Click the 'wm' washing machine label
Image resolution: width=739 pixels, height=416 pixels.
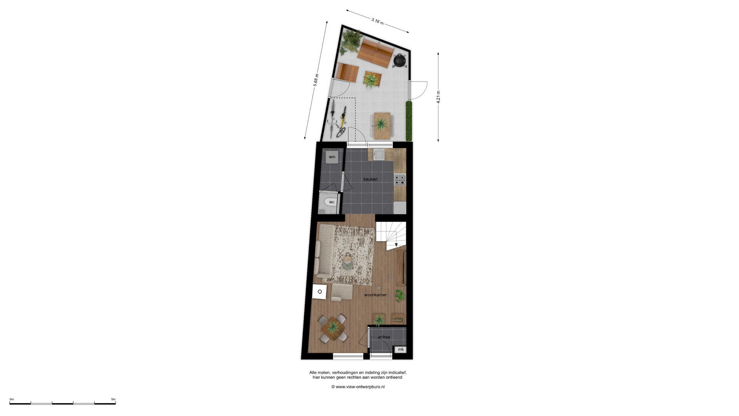click(x=332, y=157)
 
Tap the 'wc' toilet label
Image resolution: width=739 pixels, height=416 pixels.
click(x=332, y=202)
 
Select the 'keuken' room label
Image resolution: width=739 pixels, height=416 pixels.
click(x=370, y=179)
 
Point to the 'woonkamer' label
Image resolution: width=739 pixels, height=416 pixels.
click(x=375, y=295)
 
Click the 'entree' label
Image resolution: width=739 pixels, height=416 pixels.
click(x=384, y=337)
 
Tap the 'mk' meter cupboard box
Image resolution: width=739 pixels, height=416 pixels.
click(x=401, y=349)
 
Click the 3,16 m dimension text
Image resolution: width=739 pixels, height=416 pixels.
click(x=378, y=21)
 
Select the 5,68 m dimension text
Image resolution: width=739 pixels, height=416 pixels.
click(x=316, y=81)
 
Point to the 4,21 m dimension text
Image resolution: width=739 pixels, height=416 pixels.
click(x=438, y=97)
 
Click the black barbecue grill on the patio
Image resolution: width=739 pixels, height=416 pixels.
click(x=400, y=60)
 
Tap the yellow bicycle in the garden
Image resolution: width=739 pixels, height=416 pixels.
click(x=342, y=122)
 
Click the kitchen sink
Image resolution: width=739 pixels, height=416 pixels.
click(x=379, y=154)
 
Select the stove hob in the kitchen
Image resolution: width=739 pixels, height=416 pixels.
click(x=400, y=179)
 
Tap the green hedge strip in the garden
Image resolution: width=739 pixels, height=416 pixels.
click(x=409, y=121)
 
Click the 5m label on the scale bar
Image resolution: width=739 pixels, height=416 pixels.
click(x=113, y=399)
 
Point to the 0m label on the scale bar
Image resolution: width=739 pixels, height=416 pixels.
click(x=12, y=399)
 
